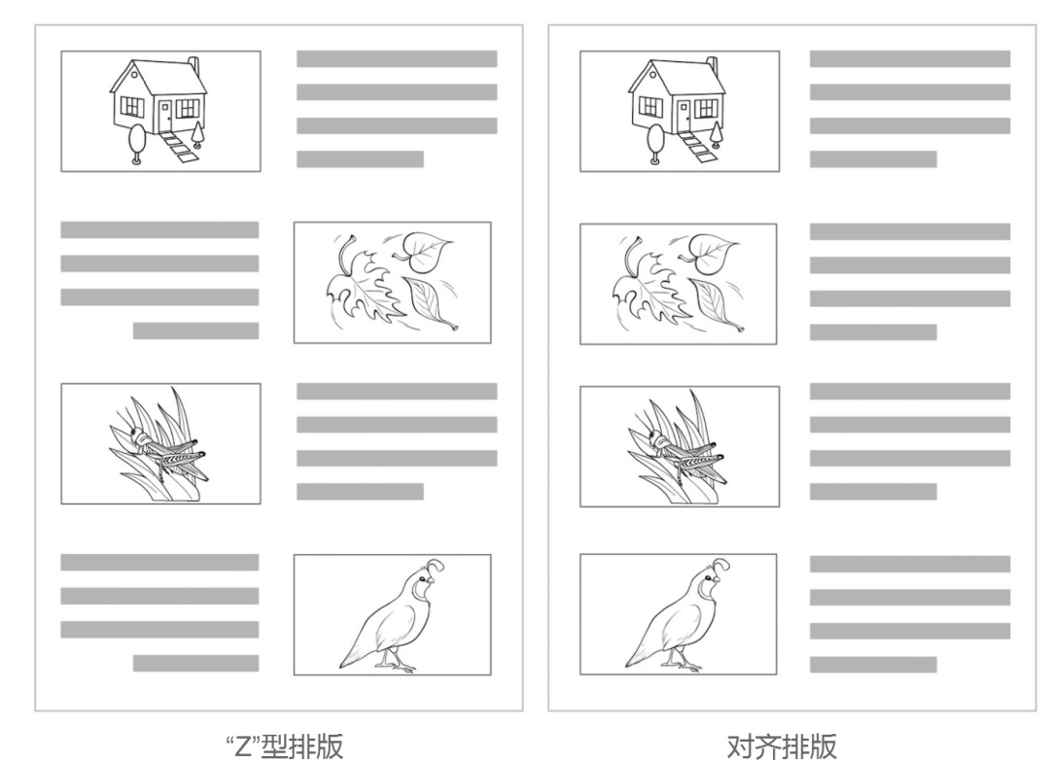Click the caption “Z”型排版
pos(285,746)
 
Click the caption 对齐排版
pos(782,746)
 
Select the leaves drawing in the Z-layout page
pos(393,282)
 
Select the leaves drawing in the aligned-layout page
pos(678,283)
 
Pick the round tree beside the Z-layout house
pos(137,143)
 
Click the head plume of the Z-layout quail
pos(435,567)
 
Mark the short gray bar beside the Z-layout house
pos(361,159)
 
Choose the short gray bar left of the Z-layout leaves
pos(195,330)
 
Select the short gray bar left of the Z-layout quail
pos(195,663)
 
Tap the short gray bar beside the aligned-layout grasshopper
pos(873,492)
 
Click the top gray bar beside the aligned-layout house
pos(910,59)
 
